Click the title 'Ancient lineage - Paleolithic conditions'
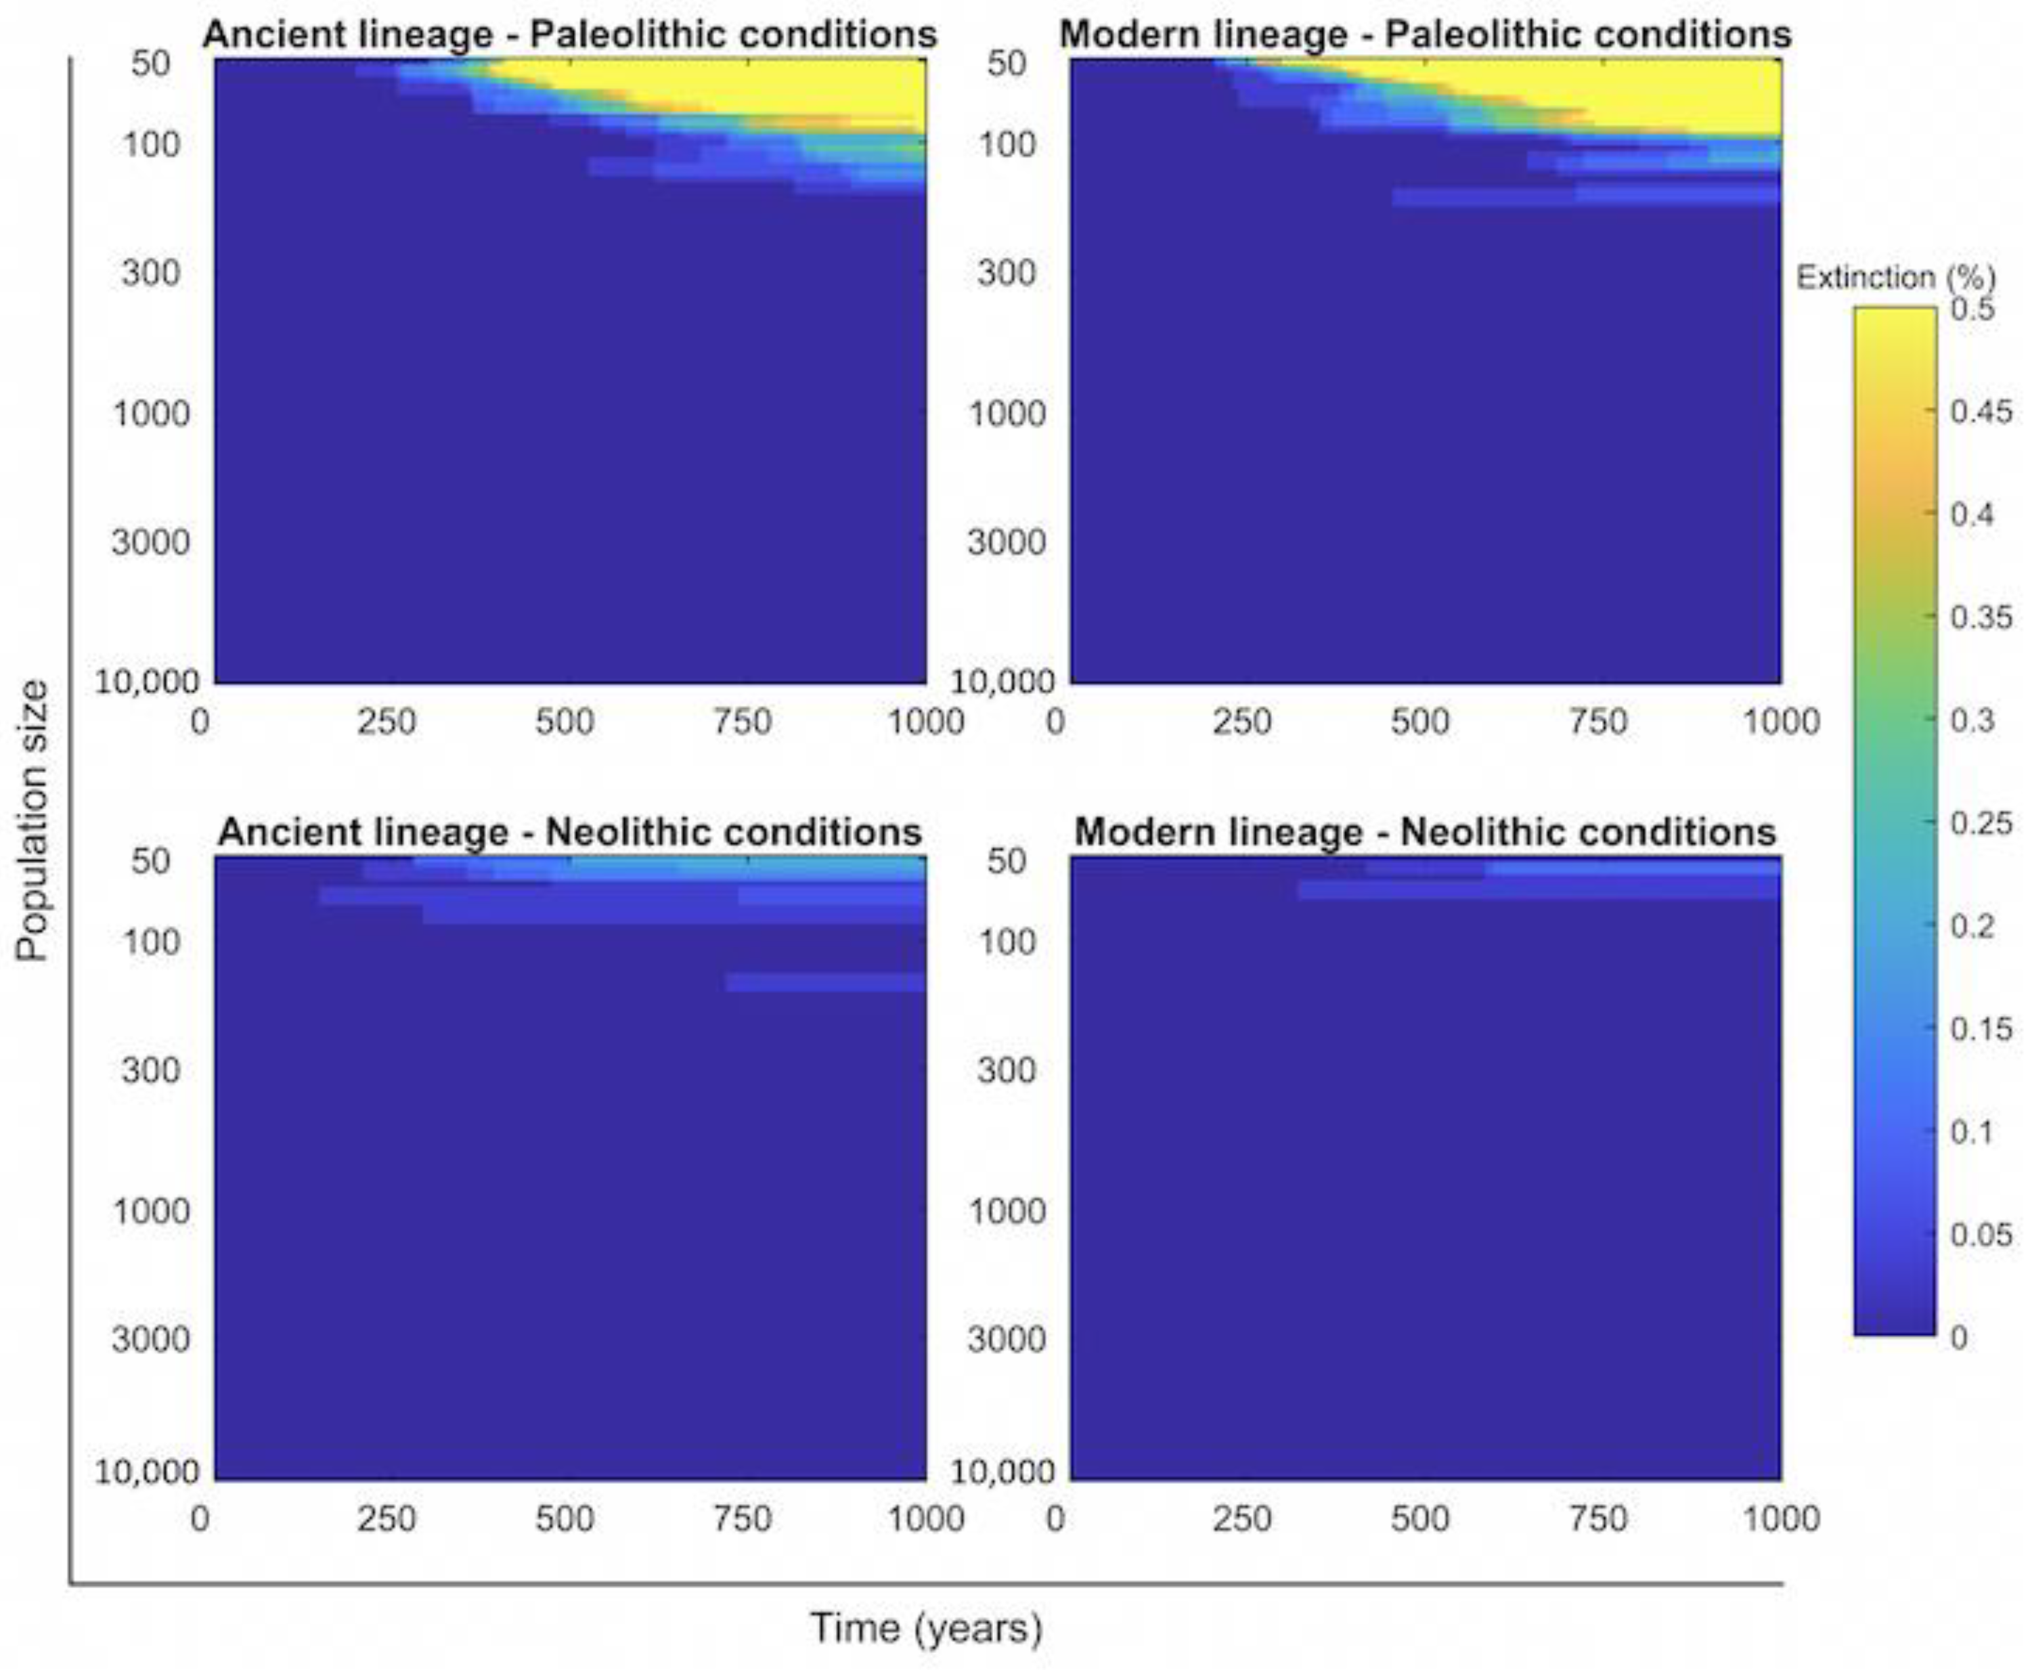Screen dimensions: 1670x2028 tap(569, 35)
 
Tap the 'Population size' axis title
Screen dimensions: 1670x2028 tap(32, 820)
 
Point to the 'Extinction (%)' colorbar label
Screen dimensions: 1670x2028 tap(1895, 278)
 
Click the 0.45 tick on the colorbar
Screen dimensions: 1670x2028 tap(1980, 412)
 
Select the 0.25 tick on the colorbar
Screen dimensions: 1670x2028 tap(1980, 823)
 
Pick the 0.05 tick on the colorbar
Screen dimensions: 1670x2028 tap(1980, 1234)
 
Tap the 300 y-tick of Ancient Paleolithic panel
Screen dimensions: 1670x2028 tap(150, 273)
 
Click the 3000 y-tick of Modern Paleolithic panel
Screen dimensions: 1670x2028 tap(1007, 542)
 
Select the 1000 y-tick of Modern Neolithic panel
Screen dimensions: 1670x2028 tap(1007, 1210)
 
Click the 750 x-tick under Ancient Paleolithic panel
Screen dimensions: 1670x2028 tap(742, 722)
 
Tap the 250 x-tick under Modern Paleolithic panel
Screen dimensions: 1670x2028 tap(1242, 722)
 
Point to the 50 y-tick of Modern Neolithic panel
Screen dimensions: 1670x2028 tap(1007, 860)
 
